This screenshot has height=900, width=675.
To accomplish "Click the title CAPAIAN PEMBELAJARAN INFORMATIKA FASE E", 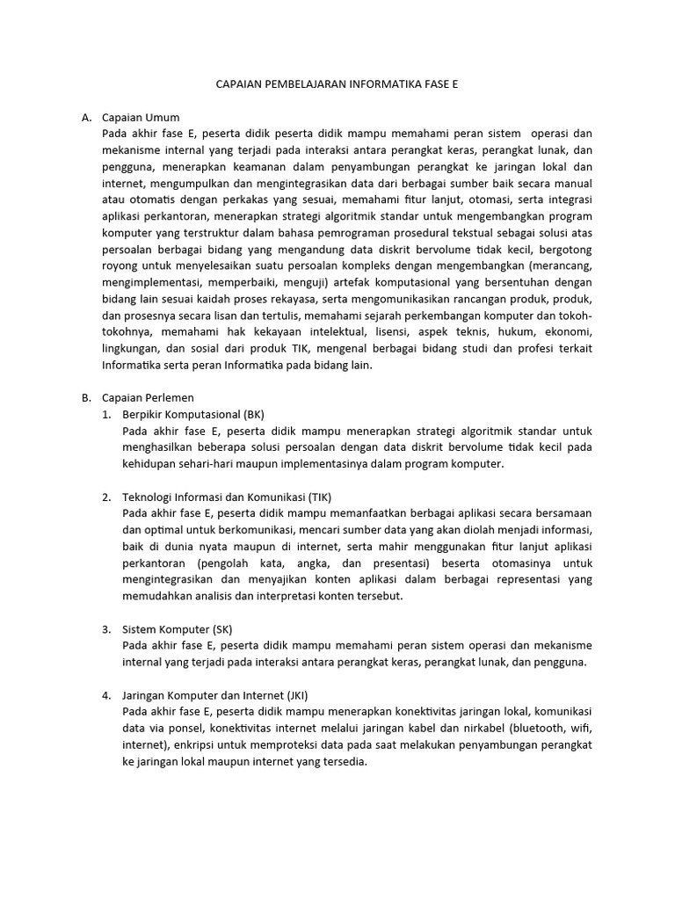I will coord(337,86).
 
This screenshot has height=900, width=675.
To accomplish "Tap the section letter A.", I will coord(86,118).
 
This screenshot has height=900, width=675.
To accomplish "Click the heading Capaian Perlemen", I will coord(148,397).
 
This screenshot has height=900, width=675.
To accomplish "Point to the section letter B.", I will coord(86,397).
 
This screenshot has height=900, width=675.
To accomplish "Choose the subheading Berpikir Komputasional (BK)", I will coord(193,413).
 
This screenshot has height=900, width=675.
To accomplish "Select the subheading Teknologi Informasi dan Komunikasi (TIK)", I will coord(228,497).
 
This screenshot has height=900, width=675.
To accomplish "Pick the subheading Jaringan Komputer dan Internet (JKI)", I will coord(215,695).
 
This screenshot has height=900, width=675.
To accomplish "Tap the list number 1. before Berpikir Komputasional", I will coord(106,413).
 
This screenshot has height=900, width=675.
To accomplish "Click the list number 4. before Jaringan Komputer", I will coord(106,695).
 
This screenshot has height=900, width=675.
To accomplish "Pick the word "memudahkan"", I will coord(163,596).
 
